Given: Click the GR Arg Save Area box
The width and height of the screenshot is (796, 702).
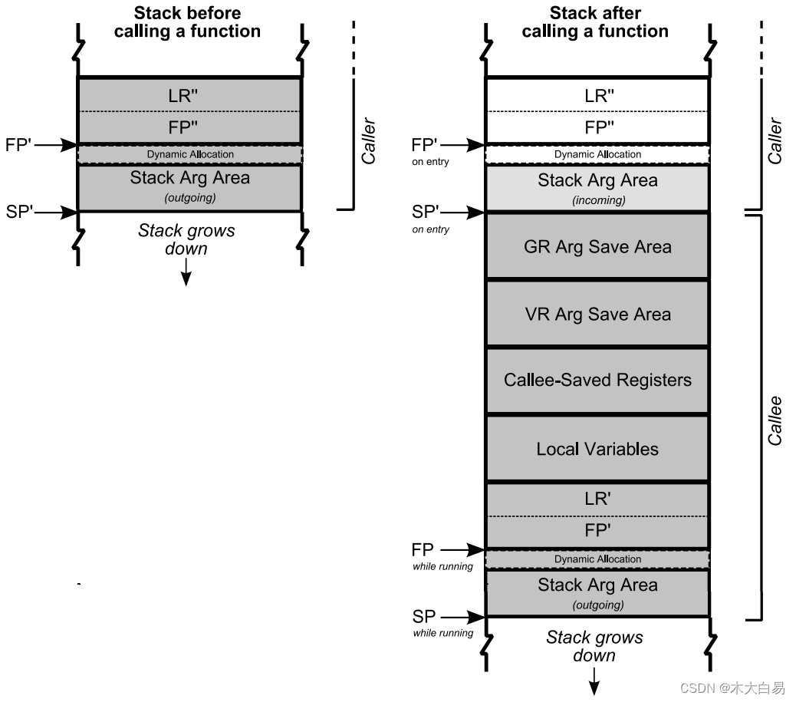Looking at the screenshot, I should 597,247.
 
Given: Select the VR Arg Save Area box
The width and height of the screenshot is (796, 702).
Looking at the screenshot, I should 597,314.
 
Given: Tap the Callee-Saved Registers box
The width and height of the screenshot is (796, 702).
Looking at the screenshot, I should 597,381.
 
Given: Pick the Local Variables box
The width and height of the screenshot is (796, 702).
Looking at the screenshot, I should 597,449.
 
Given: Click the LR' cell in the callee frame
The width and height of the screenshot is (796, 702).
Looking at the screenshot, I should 597,499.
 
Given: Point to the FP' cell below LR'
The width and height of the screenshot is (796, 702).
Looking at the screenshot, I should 597,531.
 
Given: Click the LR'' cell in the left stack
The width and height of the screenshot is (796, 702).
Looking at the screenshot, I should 189,95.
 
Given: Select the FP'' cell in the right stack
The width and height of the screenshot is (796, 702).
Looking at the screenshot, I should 597,127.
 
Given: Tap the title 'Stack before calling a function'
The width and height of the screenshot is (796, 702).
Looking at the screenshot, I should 187,22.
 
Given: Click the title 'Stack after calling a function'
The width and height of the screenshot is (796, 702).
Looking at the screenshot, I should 595,22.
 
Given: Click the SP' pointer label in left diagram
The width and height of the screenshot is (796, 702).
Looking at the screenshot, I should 20,212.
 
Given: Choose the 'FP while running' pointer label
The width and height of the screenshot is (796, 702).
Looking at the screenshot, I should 423,550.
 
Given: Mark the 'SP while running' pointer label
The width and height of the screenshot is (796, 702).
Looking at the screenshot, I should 424,617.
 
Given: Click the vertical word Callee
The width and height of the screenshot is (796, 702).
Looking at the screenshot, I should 775,420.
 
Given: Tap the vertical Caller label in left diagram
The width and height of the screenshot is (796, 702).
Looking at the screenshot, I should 369,140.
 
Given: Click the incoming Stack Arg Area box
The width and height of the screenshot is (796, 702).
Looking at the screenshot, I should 597,188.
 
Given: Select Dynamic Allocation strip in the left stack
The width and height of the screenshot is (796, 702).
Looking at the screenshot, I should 190,154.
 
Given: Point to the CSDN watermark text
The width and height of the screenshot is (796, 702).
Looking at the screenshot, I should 732,688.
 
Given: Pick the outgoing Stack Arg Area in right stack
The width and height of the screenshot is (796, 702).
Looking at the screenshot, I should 597,592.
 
